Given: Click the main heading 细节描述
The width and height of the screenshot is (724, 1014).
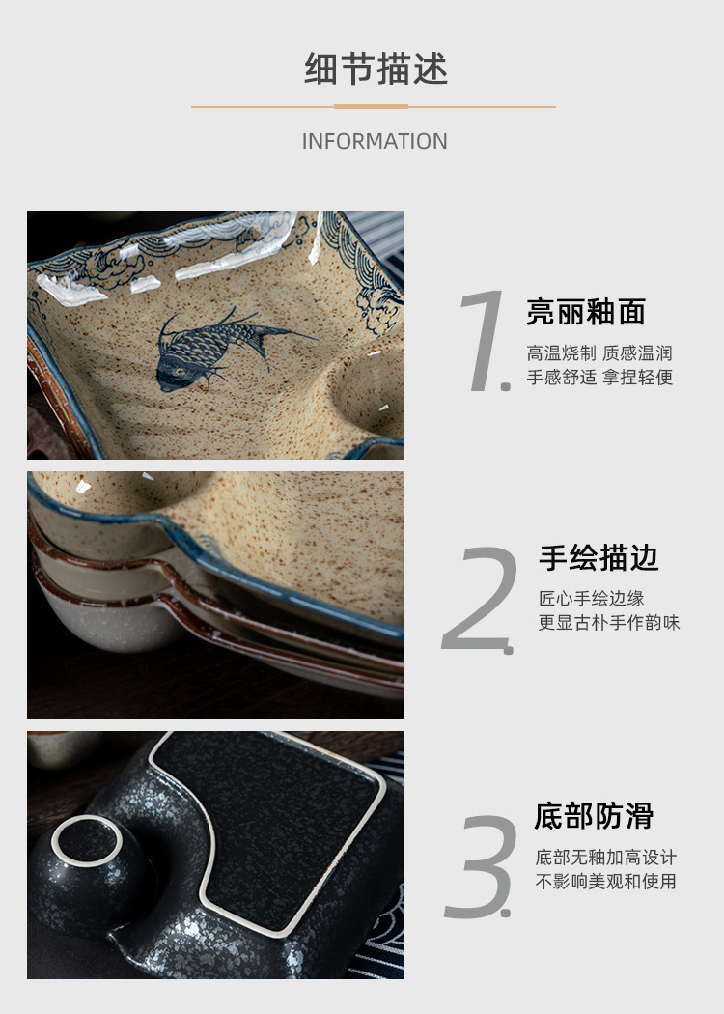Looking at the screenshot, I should [376, 70].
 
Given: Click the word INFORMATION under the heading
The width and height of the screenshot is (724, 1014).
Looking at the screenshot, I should [375, 141].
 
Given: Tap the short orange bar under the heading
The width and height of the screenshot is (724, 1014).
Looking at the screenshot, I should [371, 106].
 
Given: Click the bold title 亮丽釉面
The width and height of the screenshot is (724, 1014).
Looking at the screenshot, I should [585, 312].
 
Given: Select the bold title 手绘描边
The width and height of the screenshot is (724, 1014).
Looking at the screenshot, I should [599, 557].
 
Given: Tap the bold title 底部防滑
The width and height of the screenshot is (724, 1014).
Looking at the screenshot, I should [594, 816].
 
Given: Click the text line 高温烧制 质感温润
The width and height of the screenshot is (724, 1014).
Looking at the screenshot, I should [599, 352].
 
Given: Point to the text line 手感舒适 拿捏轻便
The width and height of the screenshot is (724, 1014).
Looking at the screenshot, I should [599, 378].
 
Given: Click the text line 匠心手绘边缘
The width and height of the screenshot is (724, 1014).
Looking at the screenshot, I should [591, 598].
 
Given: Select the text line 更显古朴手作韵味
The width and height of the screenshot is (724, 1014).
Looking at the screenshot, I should [608, 623].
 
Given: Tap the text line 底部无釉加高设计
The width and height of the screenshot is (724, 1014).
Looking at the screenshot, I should [606, 857].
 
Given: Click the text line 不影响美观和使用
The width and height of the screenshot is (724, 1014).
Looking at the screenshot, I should [606, 882].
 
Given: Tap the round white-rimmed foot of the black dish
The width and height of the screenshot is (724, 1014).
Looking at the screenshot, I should [88, 841].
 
